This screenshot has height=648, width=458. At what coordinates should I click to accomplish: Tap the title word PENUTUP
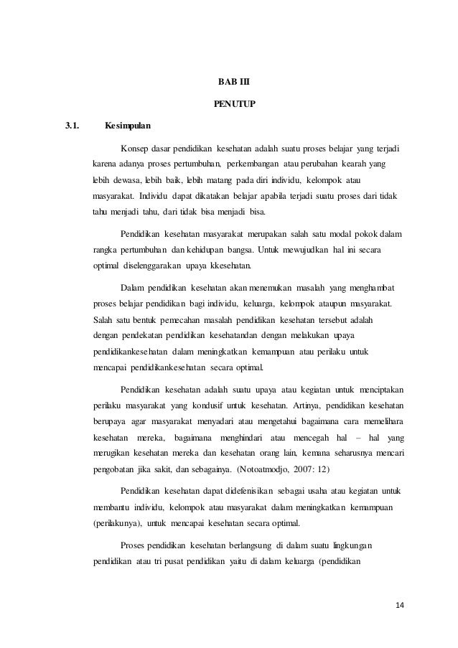229,103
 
